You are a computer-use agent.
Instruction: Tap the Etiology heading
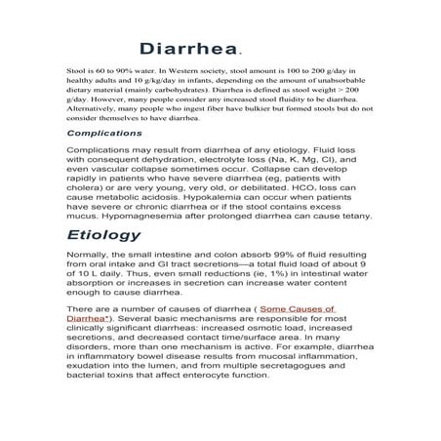(103, 235)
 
